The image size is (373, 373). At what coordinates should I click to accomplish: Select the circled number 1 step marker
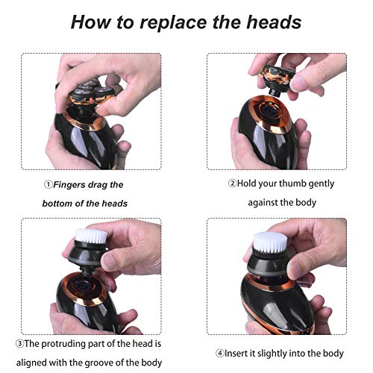point(46,184)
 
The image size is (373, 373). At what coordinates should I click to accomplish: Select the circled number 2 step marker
point(231,184)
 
